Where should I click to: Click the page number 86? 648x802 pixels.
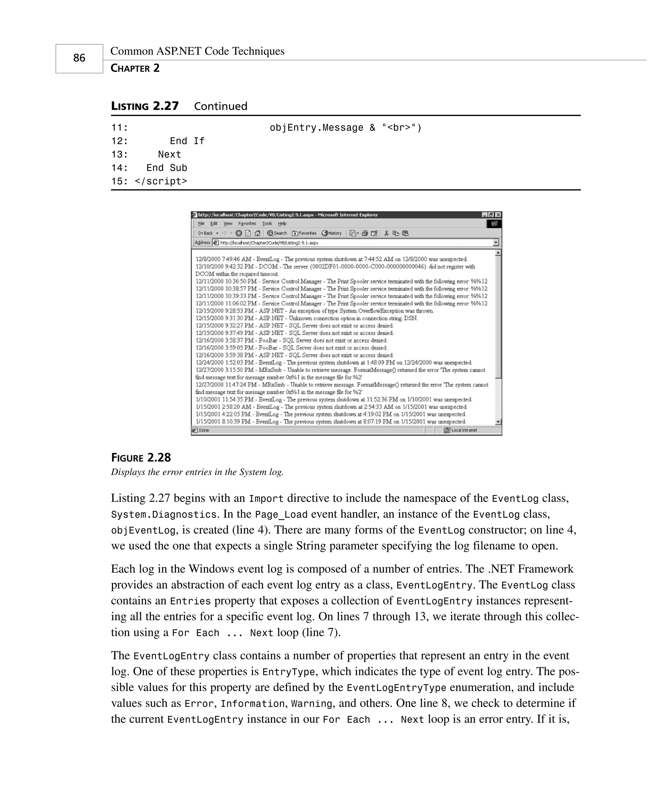click(x=79, y=58)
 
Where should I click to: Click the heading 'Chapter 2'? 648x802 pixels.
click(x=135, y=68)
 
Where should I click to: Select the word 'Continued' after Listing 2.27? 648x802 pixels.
click(x=221, y=106)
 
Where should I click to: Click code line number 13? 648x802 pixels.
click(x=120, y=154)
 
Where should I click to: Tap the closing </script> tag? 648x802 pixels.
click(x=161, y=181)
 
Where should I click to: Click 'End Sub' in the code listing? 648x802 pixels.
click(x=166, y=168)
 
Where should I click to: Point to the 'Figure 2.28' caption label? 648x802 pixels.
click(x=141, y=457)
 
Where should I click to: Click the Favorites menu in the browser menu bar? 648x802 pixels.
click(x=247, y=224)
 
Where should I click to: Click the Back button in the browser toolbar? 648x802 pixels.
click(x=206, y=233)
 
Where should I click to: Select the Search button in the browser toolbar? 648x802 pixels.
click(x=277, y=233)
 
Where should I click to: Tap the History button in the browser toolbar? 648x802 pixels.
click(x=332, y=233)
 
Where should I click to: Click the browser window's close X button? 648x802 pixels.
click(x=498, y=215)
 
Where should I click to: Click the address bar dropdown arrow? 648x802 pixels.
click(x=496, y=243)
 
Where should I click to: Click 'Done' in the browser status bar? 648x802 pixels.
click(x=204, y=430)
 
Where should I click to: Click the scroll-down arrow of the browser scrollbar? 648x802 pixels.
click(x=498, y=422)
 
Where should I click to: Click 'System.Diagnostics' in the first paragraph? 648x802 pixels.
click(x=164, y=515)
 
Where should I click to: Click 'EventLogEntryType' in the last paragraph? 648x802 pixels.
click(x=396, y=688)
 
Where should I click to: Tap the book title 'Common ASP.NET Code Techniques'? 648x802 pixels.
click(x=197, y=51)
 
